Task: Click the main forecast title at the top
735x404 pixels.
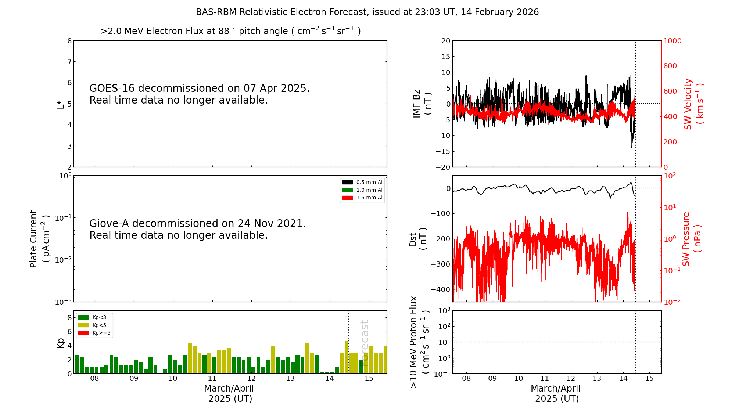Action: (367, 12)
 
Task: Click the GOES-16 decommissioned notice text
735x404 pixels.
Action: (199, 94)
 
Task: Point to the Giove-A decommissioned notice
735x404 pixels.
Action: (197, 229)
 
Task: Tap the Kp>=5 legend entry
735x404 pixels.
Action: (94, 333)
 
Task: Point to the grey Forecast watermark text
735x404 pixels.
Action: (365, 338)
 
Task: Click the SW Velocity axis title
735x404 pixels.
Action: (693, 104)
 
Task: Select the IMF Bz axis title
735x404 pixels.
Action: (422, 104)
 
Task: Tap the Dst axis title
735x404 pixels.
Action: (418, 239)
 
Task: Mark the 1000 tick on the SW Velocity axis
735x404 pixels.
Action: (672, 41)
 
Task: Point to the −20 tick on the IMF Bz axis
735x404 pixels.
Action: (443, 167)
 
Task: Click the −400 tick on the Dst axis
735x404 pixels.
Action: (441, 289)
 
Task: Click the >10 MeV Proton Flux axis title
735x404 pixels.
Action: (419, 342)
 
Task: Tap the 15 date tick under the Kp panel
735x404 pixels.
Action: (369, 379)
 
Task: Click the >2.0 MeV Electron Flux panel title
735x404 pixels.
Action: (230, 31)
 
